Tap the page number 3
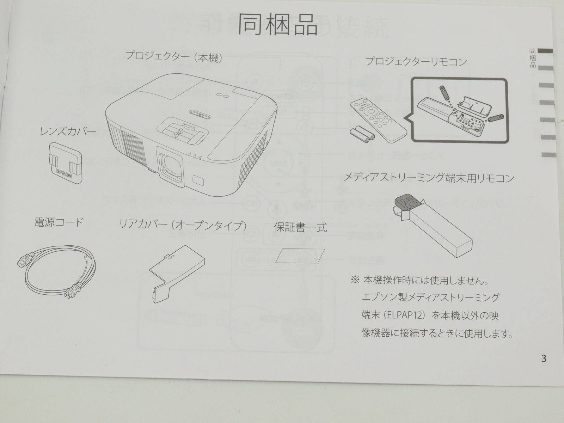tap(544, 358)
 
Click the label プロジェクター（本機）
tap(174, 57)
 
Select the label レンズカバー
tap(68, 132)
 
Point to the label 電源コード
tap(59, 222)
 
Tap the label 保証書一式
tap(301, 227)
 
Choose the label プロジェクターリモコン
tap(416, 62)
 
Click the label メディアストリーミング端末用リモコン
tap(429, 178)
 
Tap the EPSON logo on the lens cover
tap(64, 173)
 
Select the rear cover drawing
tap(177, 274)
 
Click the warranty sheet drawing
tap(300, 256)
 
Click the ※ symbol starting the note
tap(355, 280)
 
